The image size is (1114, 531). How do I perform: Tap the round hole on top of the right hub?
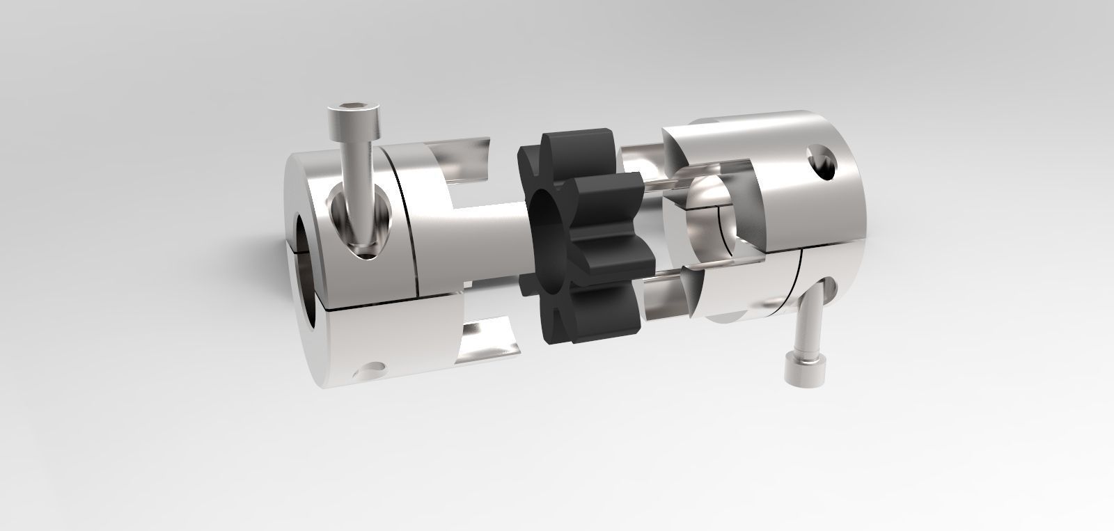coord(824,163)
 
